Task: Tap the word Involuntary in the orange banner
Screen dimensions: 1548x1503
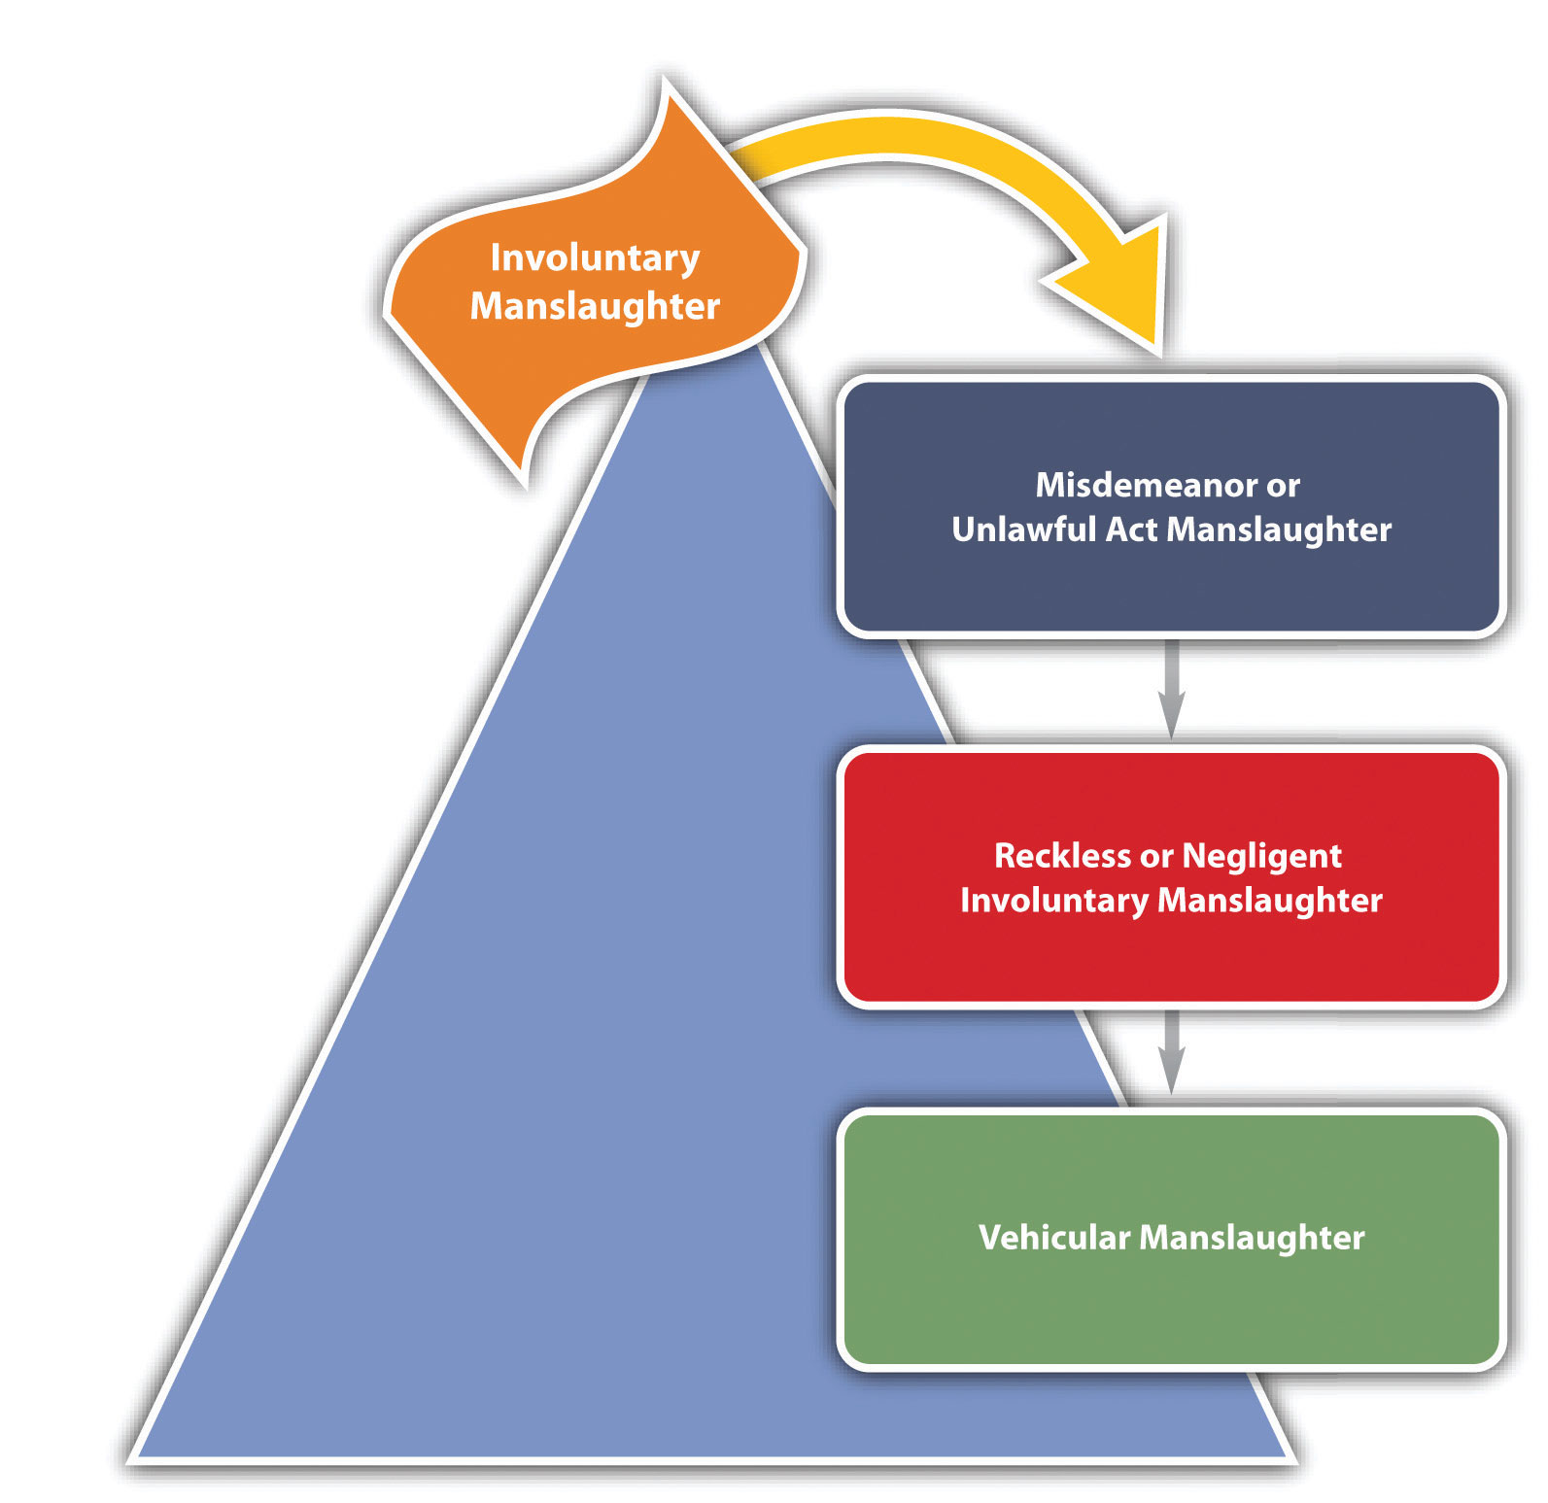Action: pos(595,258)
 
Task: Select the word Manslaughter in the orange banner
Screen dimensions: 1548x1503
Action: pos(595,306)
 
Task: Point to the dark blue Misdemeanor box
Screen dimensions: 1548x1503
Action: pos(1172,506)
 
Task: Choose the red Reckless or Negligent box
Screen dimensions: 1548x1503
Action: pos(1172,877)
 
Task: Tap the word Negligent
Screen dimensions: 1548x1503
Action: pos(1261,857)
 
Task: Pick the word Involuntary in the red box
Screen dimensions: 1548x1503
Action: pos(1054,901)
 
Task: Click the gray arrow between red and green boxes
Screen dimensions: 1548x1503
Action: pos(1172,1053)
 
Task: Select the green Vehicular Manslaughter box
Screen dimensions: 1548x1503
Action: pos(1172,1239)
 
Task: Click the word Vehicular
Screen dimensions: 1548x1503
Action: pos(1055,1238)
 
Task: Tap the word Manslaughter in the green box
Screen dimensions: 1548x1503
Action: pos(1252,1238)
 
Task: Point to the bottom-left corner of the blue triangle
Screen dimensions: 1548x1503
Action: pos(134,1458)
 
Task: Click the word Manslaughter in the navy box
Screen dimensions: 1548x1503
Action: pos(1279,529)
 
